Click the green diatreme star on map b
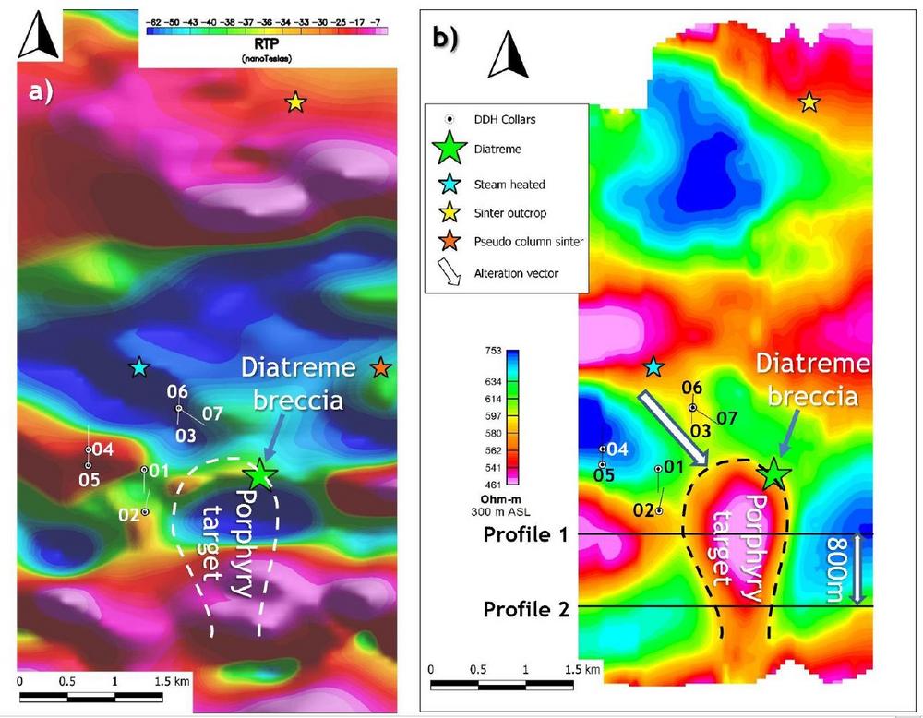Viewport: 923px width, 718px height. pyautogui.click(x=773, y=474)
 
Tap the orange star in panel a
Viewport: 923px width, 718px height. pyautogui.click(x=380, y=369)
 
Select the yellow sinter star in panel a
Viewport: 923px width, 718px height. pyautogui.click(x=294, y=102)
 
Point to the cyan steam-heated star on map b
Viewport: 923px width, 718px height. pyautogui.click(x=653, y=367)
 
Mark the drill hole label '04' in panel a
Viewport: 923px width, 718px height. pyautogui.click(x=102, y=450)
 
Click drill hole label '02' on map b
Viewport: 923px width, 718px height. pyautogui.click(x=643, y=509)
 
